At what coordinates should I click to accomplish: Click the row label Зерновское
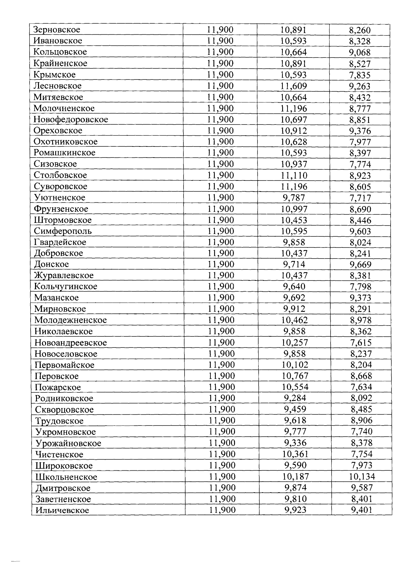(57, 30)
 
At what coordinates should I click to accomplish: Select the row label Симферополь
(63, 231)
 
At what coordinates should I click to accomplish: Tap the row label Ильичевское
(62, 510)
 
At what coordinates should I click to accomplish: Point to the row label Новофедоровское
(71, 120)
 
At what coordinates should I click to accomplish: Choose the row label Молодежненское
(71, 320)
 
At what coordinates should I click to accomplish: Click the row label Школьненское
(66, 477)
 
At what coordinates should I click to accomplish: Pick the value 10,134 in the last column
(362, 476)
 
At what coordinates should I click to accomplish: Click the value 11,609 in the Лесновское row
(294, 86)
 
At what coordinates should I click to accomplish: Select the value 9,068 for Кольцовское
(360, 53)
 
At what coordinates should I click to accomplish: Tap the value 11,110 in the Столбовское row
(294, 175)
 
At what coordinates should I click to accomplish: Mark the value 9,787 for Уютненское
(294, 198)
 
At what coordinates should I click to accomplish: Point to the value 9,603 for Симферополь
(360, 231)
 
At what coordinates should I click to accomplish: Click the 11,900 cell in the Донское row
(221, 264)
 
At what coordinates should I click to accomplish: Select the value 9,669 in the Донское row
(361, 265)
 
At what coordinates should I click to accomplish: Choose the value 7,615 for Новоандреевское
(361, 343)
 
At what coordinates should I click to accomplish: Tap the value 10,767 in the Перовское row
(295, 376)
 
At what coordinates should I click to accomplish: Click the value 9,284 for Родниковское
(295, 398)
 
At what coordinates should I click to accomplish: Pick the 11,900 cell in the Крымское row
(220, 75)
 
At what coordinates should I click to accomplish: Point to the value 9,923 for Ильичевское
(295, 510)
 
